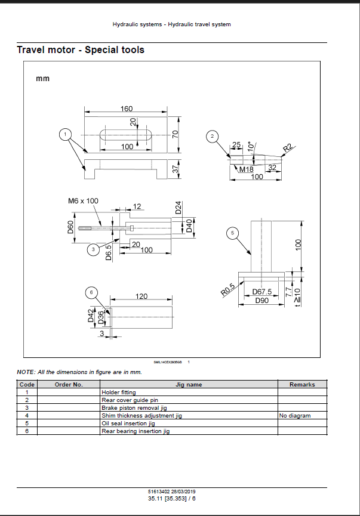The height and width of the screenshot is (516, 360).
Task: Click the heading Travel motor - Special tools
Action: (81, 50)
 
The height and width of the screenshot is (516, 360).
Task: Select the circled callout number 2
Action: (212, 137)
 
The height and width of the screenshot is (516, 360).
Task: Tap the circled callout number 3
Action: (92, 249)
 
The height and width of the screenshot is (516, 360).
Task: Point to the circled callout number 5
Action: (233, 233)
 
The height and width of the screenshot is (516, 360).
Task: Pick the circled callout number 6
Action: (90, 292)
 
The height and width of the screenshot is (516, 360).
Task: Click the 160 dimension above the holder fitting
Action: (127, 109)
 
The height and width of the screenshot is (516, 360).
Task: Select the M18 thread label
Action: (246, 169)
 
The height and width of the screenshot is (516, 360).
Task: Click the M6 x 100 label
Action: (83, 201)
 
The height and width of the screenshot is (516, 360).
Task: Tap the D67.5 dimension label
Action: (262, 292)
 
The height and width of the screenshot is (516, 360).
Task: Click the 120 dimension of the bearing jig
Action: (141, 296)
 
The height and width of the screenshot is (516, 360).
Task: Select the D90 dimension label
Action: (262, 300)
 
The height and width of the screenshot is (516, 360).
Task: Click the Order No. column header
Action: (69, 385)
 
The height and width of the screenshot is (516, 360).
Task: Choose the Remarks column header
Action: (302, 385)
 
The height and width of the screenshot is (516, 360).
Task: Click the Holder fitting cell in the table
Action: (119, 393)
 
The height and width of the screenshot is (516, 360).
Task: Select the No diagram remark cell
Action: (295, 416)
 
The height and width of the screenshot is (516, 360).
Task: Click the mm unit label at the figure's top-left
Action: (43, 78)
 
